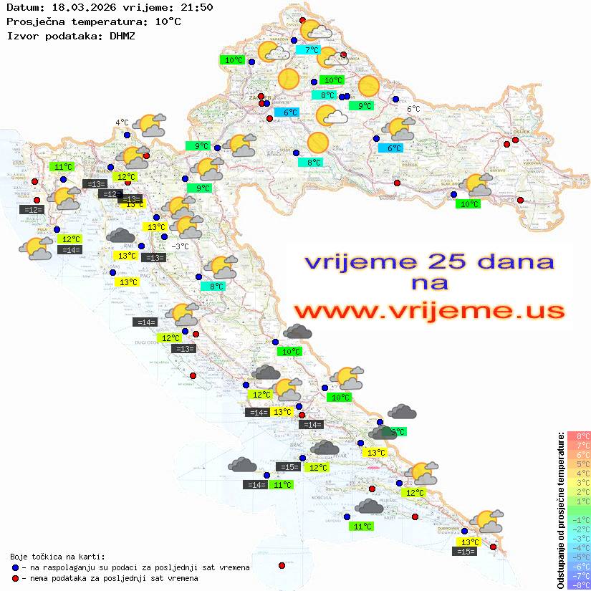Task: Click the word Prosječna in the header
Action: pos(34,21)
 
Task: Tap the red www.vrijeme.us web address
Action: pos(428,311)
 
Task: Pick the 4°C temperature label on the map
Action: pos(122,122)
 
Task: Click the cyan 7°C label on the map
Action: pos(312,50)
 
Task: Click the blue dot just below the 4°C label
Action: pos(127,135)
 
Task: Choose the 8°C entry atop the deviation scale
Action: pos(578,436)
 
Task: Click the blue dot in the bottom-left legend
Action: pos(15,567)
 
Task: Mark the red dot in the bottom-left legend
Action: pos(15,578)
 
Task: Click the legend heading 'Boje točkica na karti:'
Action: pos(57,556)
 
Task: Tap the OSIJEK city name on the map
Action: pos(519,131)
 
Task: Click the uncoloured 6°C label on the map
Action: pos(413,109)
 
